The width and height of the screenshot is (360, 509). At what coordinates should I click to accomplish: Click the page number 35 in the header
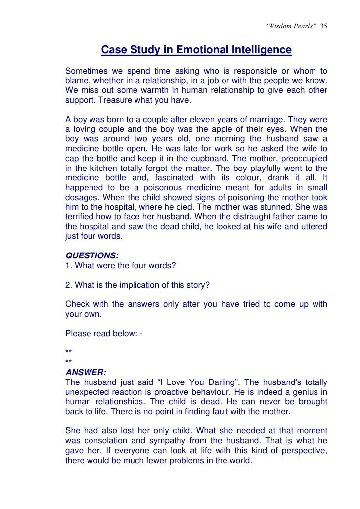pos(324,26)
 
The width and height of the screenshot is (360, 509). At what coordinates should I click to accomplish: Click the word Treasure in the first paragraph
pos(114,101)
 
